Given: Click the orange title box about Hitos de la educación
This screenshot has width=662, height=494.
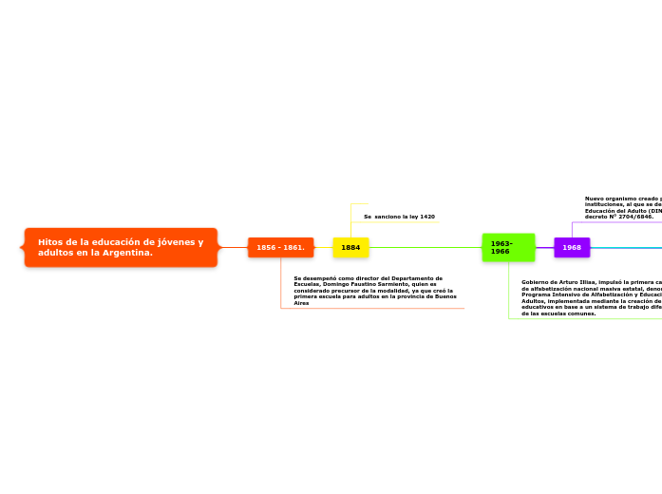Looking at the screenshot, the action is [x=121, y=247].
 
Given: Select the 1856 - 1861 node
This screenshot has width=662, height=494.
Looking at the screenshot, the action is [x=280, y=247].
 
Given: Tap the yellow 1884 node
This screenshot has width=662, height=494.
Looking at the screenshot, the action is [x=350, y=247].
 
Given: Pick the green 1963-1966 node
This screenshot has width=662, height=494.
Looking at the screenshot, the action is [x=508, y=247].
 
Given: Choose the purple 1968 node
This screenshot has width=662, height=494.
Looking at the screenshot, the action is [x=572, y=247].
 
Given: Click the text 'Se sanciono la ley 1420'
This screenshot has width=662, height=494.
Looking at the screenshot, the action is [x=399, y=217].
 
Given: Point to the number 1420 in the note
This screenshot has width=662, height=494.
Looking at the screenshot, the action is [x=426, y=217].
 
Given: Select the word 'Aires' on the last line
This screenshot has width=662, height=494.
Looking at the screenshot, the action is [x=301, y=303].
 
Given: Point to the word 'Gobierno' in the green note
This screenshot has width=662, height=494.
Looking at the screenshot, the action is [x=534, y=282].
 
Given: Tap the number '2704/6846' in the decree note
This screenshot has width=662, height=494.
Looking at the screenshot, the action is [x=634, y=217].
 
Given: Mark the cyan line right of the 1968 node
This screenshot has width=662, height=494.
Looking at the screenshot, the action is [x=627, y=247].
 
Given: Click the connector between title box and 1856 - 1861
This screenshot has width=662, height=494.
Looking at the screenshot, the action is [x=233, y=247].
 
